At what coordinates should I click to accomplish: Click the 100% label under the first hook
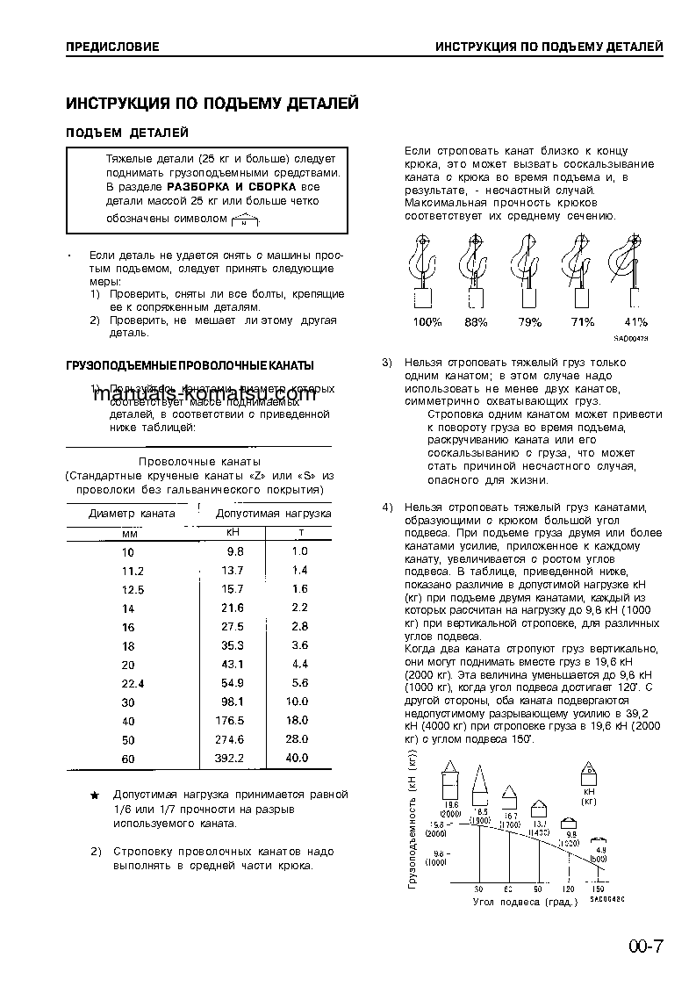[x=427, y=322]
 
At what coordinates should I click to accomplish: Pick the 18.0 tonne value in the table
[x=298, y=721]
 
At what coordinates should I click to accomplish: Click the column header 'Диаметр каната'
[x=132, y=513]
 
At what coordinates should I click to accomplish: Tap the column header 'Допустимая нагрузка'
[x=273, y=513]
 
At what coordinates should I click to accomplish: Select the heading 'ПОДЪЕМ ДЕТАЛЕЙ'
[x=127, y=133]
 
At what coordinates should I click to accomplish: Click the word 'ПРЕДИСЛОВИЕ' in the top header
[x=112, y=47]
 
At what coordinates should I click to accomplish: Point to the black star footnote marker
[x=96, y=795]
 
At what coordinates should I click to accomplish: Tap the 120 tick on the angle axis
[x=568, y=889]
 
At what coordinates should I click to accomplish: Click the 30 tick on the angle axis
[x=479, y=889]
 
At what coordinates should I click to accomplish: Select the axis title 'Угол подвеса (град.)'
[x=525, y=902]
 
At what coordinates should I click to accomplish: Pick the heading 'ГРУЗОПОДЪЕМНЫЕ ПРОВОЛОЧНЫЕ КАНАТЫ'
[x=190, y=365]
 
